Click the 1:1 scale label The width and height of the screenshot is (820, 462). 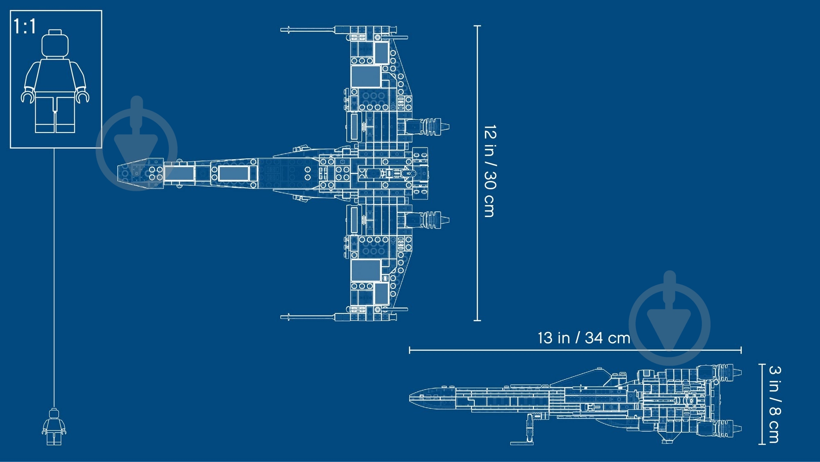click(x=25, y=26)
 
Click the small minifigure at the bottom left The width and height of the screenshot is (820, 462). click(x=54, y=426)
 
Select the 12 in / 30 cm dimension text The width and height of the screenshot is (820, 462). click(x=490, y=171)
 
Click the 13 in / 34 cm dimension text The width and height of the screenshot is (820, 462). click(x=584, y=338)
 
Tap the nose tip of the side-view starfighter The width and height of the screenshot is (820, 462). click(x=410, y=397)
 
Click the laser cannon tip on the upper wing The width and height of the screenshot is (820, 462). click(x=282, y=30)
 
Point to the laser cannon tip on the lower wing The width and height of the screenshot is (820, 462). click(x=282, y=317)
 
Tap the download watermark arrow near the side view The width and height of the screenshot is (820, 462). click(x=669, y=318)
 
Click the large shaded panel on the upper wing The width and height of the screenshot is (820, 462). click(x=366, y=77)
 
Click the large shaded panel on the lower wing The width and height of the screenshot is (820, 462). click(x=366, y=270)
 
